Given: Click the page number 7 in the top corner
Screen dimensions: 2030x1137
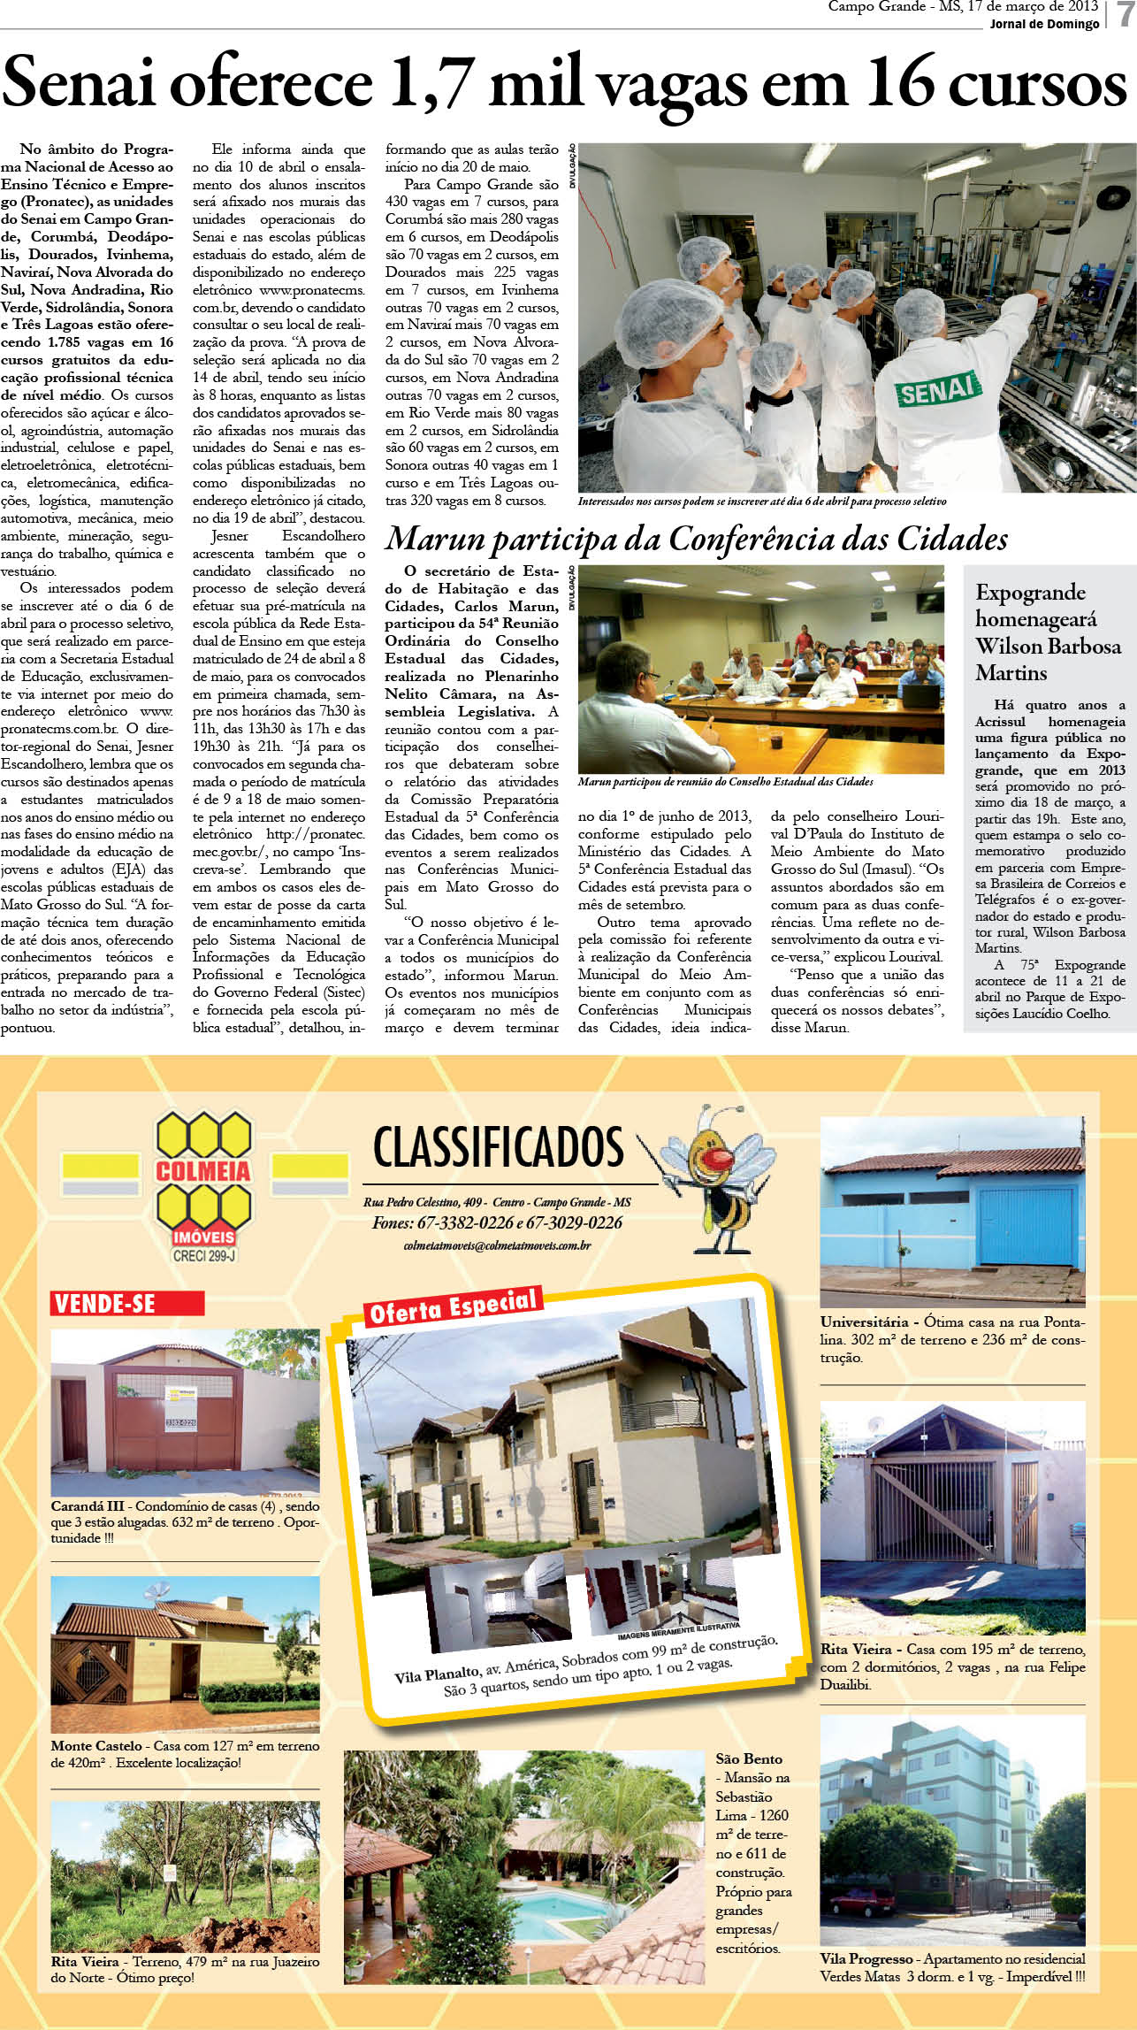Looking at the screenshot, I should coord(1125,14).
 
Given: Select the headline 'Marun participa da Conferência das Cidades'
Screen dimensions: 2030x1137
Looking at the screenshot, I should coord(696,538).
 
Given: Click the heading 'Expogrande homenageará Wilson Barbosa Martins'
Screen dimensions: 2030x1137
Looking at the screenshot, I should coord(1047,632).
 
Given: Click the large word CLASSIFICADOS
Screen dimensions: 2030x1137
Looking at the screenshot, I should coord(499,1147).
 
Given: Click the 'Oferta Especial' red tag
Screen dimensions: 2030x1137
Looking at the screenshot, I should coord(452,1306).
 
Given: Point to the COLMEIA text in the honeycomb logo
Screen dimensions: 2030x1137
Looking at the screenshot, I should coord(203,1171).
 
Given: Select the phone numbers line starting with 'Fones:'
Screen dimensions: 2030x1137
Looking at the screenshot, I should coord(497,1222).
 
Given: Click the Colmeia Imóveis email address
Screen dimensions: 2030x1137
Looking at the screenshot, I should coord(497,1245).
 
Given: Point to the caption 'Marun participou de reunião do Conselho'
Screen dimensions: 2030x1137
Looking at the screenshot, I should coord(725,782).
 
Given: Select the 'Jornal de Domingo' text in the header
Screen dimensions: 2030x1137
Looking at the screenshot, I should coord(1044,24).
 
